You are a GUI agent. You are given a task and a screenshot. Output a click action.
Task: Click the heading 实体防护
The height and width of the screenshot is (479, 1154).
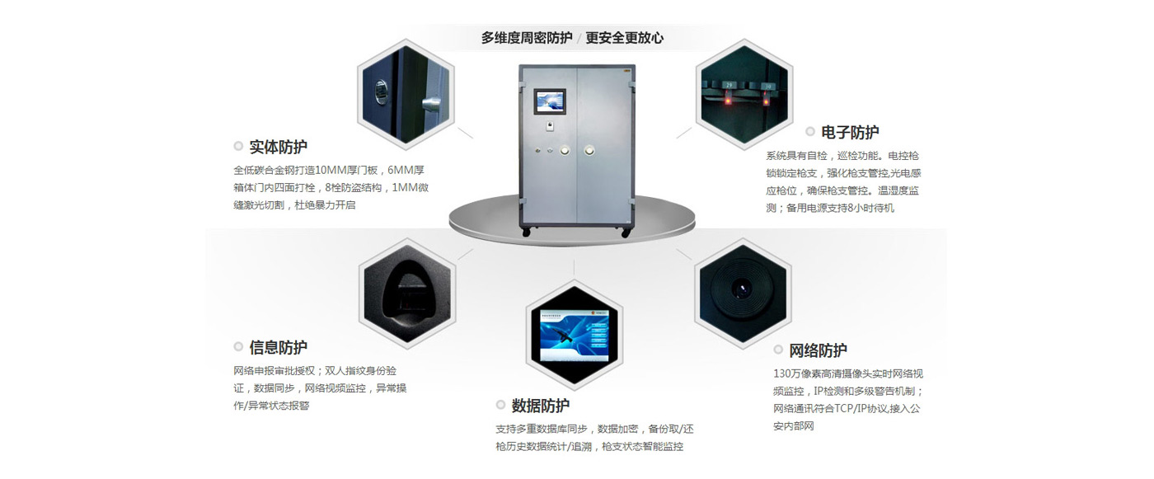click(x=278, y=147)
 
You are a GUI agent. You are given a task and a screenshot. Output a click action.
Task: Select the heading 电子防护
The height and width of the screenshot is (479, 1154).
click(x=850, y=132)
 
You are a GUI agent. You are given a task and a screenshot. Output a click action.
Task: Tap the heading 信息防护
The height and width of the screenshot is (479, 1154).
click(x=278, y=347)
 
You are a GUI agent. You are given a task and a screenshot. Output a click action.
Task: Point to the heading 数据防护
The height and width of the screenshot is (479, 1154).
click(x=540, y=405)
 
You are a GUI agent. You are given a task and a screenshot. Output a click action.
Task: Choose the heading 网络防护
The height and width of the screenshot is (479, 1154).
click(x=818, y=350)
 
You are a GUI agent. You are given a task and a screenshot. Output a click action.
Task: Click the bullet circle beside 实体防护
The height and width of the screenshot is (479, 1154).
click(x=238, y=147)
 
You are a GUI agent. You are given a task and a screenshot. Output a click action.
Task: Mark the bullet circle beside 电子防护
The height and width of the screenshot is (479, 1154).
click(x=809, y=132)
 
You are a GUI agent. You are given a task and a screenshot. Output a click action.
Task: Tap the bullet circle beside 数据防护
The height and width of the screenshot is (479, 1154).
click(x=500, y=405)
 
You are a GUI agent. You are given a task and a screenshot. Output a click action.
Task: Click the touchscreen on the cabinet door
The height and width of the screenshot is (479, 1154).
click(x=549, y=101)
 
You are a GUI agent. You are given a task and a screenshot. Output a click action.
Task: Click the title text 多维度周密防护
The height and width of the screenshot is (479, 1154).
click(x=527, y=38)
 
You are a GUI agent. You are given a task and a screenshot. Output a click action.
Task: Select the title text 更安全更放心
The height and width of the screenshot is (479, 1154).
click(x=624, y=38)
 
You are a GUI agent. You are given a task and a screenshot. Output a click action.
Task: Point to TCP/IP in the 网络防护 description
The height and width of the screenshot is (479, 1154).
click(x=876, y=408)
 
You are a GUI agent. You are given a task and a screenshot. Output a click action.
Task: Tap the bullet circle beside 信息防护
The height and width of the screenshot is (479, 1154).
click(x=238, y=347)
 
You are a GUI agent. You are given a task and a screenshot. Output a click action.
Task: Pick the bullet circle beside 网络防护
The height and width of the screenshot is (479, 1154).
click(x=778, y=350)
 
